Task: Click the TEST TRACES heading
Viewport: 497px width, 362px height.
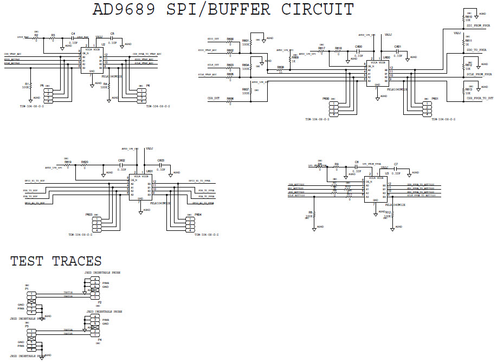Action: pos(56,261)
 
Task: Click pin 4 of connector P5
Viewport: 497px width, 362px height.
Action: pos(48,101)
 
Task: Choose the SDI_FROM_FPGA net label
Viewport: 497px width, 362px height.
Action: pos(479,25)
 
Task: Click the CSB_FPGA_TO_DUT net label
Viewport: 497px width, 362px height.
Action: pos(479,98)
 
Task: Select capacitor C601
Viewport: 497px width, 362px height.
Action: pos(397,52)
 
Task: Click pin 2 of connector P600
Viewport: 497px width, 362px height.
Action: pos(334,106)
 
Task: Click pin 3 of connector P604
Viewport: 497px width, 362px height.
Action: pos(190,227)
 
